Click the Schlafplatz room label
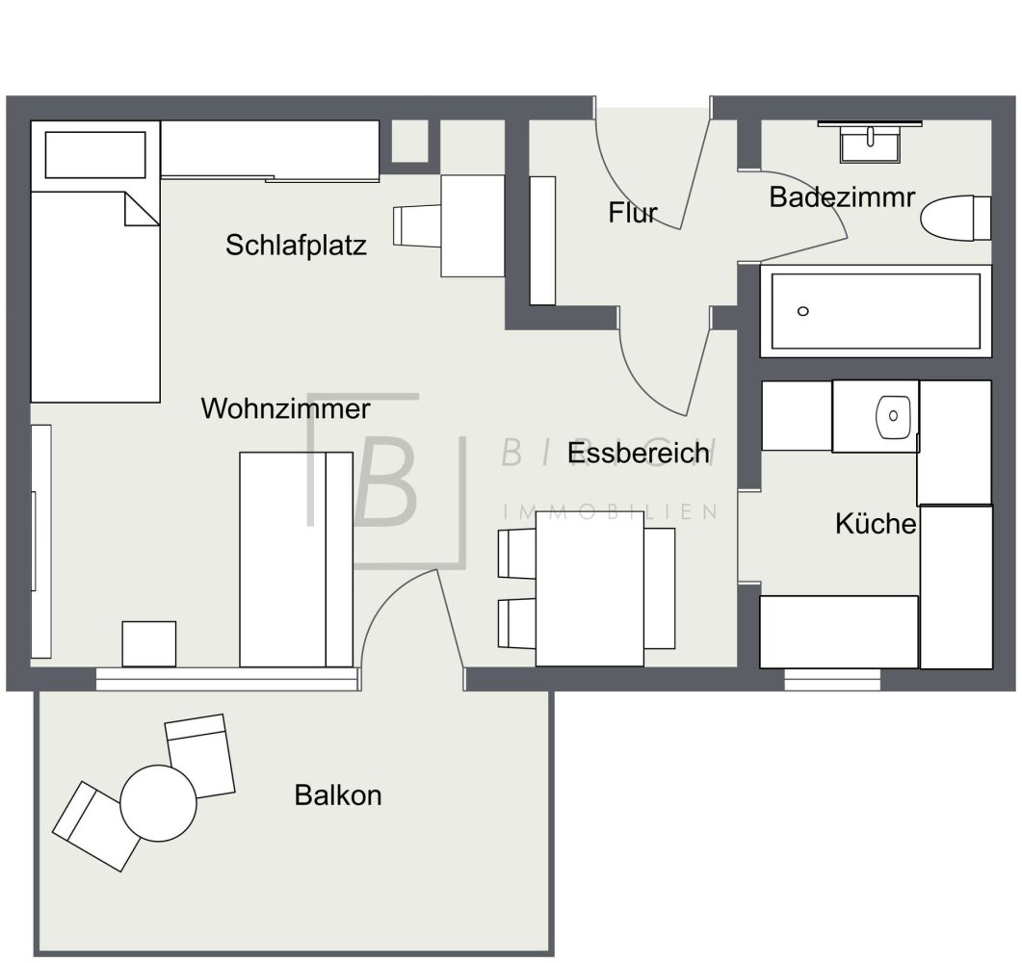coord(296,246)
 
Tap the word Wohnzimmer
coord(285,409)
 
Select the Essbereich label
coord(639,453)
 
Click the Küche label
coord(875,525)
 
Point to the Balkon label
coord(338,796)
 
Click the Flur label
coord(632,213)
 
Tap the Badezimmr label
coord(841,198)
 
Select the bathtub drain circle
coord(803,311)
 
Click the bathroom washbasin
coord(871,144)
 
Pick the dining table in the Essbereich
coord(590,587)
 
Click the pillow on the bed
coord(94,155)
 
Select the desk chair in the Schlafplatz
coord(415,227)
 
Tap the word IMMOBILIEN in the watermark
coord(611,511)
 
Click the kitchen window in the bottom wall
coord(832,680)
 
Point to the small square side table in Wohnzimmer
coord(149,643)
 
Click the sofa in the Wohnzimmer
coord(295,559)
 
